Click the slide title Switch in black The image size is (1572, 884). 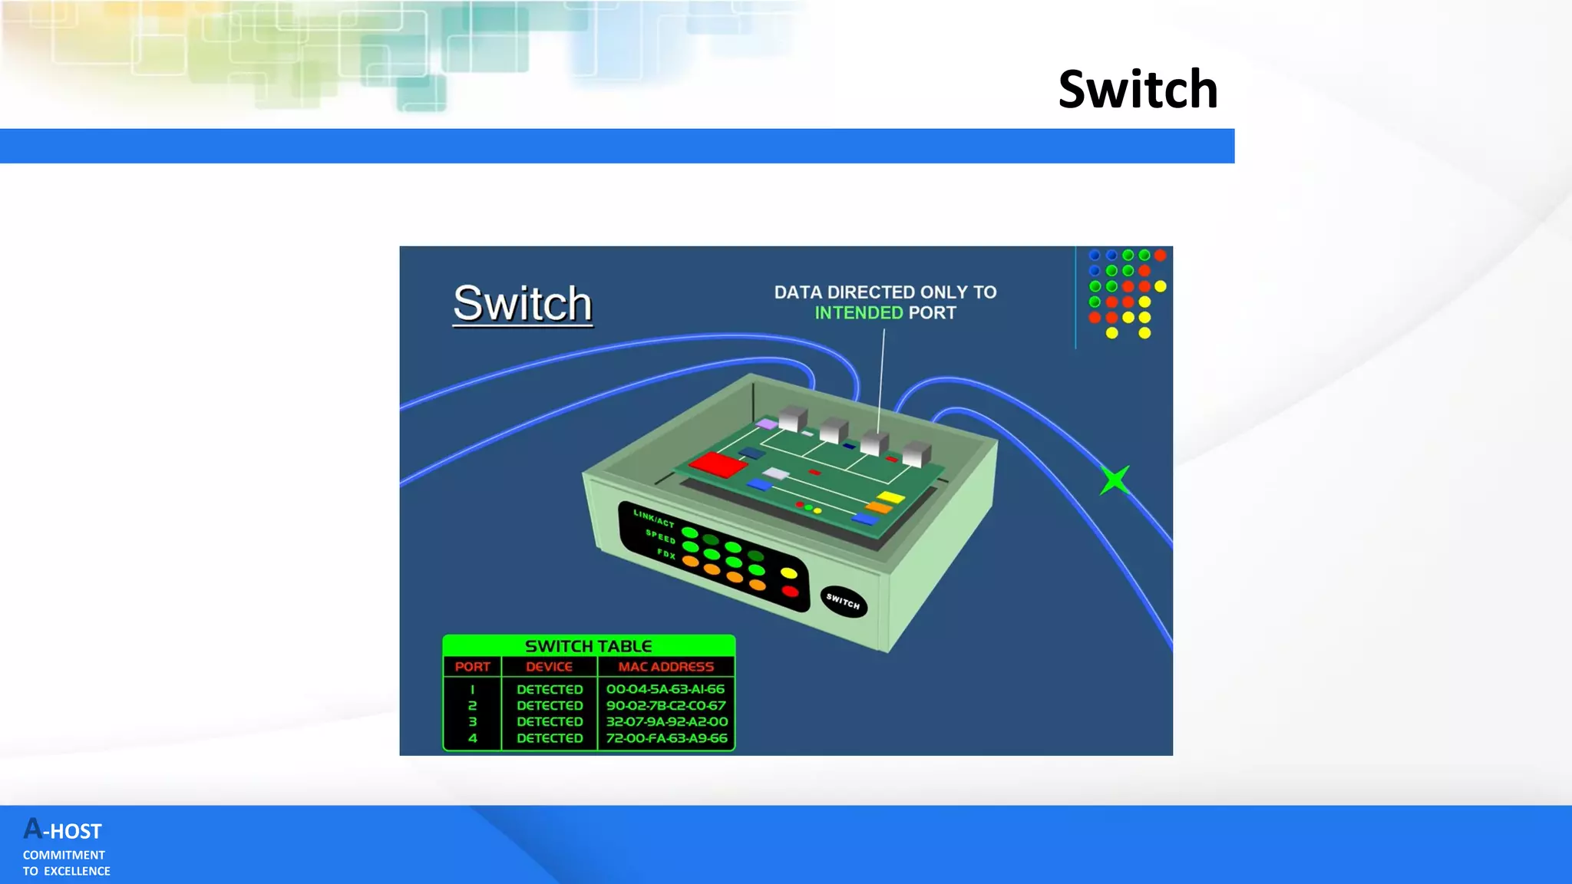1138,90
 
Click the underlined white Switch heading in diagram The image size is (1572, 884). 523,304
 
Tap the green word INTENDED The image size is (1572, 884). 858,313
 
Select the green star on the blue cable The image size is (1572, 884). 1115,480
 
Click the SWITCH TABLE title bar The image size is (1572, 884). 589,646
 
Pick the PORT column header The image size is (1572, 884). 472,667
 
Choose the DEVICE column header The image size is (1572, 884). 549,667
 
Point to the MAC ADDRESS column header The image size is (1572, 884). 665,667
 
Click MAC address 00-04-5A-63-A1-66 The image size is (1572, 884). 665,689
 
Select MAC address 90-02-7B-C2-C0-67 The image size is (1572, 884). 665,705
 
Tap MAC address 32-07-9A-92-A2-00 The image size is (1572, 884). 666,721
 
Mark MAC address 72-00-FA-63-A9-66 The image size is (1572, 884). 666,738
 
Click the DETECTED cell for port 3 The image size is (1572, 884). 550,721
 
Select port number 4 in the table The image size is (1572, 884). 472,738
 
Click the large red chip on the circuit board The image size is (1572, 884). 718,464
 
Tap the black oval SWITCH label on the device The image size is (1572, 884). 844,602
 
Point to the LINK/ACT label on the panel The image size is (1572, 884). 653,518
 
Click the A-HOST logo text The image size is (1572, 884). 63,830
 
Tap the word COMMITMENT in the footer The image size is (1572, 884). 64,855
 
